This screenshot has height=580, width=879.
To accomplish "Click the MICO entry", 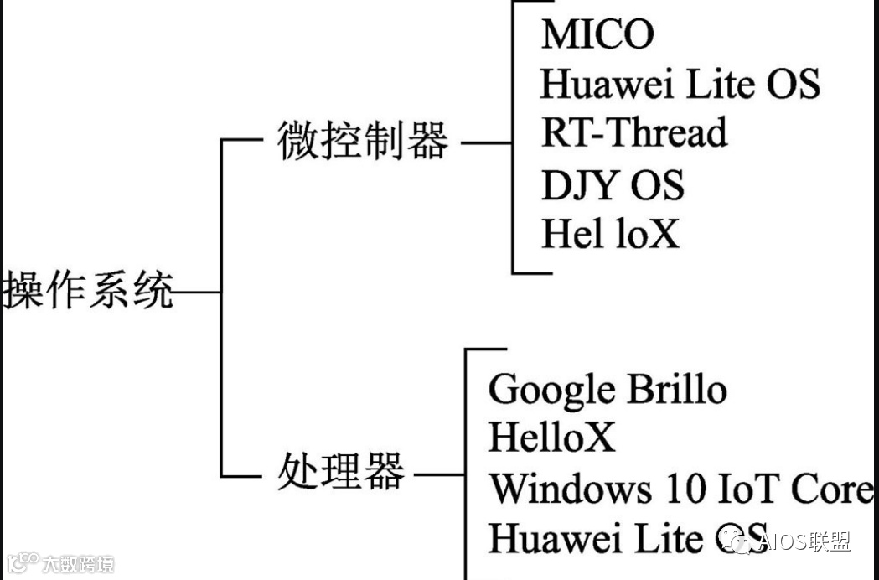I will (597, 34).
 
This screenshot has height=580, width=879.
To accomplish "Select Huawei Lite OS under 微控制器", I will (679, 84).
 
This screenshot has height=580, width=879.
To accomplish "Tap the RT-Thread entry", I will (633, 133).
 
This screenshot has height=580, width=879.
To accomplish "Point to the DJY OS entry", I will (613, 185).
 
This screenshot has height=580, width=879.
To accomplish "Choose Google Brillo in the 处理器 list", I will (607, 390).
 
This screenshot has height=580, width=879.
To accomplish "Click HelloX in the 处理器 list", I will (551, 438).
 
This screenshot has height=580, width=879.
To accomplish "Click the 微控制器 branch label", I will (363, 142).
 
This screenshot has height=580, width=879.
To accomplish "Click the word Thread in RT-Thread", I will (671, 133).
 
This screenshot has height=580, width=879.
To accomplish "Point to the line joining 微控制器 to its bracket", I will (486, 142).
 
